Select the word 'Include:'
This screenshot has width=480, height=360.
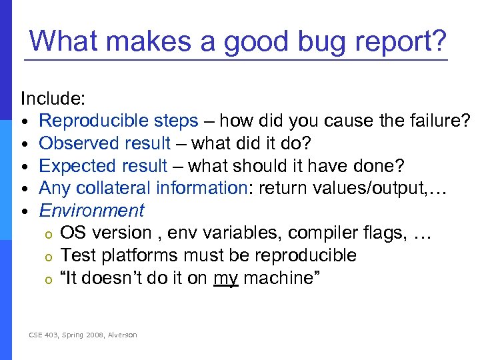[x=53, y=99]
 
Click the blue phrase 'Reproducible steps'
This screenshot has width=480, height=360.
[x=119, y=121]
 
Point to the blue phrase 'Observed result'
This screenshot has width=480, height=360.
[x=105, y=143]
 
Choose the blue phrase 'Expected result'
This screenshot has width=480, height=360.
[x=103, y=166]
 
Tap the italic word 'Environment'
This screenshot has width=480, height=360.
[x=91, y=211]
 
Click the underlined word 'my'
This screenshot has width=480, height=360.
[x=226, y=278]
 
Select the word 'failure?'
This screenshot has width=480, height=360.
[x=439, y=121]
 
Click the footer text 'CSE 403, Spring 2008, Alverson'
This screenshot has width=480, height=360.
[x=83, y=335]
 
